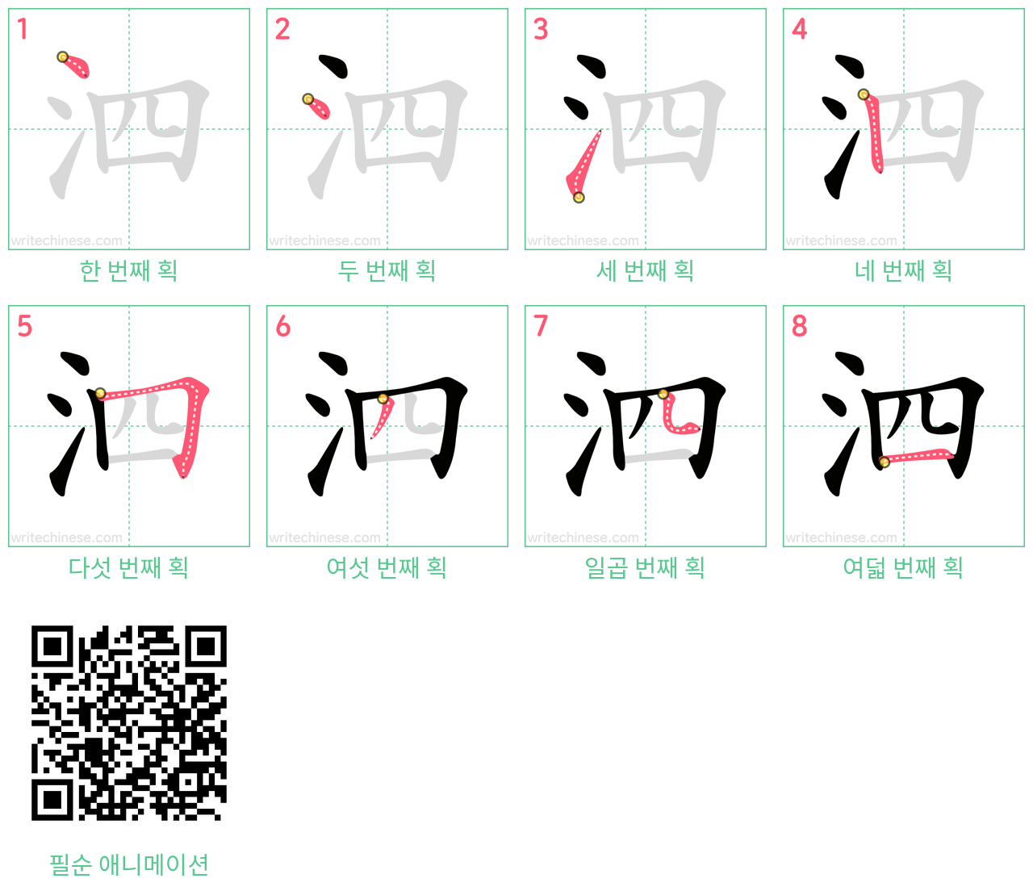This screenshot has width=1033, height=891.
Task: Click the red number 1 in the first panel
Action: (22, 29)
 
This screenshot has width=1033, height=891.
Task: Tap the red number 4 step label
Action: (799, 29)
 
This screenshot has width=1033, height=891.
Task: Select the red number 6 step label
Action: (282, 326)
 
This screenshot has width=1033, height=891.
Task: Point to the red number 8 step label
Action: (800, 326)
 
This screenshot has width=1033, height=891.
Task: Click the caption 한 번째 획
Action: (128, 270)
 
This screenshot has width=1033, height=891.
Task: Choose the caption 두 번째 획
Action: (387, 270)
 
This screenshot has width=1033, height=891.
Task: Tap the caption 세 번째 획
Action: (645, 270)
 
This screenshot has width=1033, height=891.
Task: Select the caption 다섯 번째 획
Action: (128, 567)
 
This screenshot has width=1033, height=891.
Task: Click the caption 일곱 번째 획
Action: (645, 567)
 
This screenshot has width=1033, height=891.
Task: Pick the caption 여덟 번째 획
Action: (903, 567)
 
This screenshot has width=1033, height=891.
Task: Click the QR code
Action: (129, 722)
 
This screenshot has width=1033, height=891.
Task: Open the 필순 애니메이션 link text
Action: (129, 865)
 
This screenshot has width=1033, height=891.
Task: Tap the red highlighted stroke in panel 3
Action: (583, 165)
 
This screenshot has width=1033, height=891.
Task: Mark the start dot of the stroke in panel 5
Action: (100, 393)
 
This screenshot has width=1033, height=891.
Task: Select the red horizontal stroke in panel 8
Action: (917, 456)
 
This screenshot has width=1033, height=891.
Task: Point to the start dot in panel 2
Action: (307, 98)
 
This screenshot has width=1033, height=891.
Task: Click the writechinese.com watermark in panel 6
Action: (325, 538)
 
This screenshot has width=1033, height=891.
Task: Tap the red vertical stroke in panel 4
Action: (875, 132)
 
